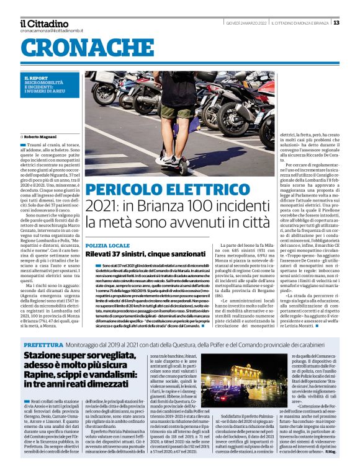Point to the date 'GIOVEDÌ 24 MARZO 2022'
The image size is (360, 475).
coord(246,23)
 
